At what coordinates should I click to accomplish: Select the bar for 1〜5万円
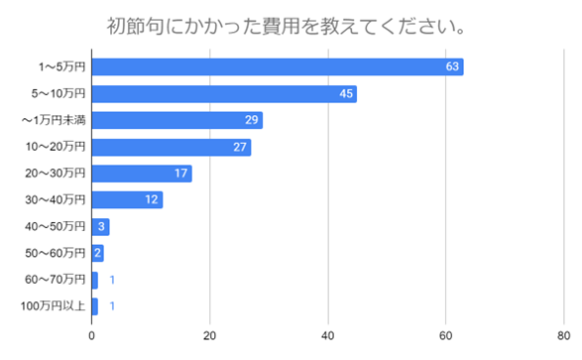coord(278,66)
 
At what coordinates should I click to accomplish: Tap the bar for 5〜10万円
coord(224,93)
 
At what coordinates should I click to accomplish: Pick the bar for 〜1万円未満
coord(176,120)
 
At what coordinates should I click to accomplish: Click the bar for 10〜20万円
coord(171,147)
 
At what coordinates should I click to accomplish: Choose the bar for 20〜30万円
coord(141,174)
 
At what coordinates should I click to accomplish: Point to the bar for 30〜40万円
coord(126,200)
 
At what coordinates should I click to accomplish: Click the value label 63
coord(454,66)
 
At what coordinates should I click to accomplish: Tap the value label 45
coord(347,93)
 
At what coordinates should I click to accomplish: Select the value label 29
coord(253,120)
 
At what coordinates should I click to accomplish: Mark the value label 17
coord(181,174)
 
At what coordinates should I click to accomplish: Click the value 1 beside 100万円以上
coord(113,306)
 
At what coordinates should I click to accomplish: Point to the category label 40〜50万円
coord(56,227)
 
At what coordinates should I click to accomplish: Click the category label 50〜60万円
coord(56,254)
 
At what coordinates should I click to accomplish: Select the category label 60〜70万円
coord(56,281)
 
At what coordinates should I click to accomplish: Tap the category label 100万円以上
coord(54,306)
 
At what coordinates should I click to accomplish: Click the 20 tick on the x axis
coord(210,334)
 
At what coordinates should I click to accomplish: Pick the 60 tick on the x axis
coord(446,334)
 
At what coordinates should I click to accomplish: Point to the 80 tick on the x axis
coord(563,334)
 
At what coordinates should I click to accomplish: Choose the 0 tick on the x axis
coord(92,334)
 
